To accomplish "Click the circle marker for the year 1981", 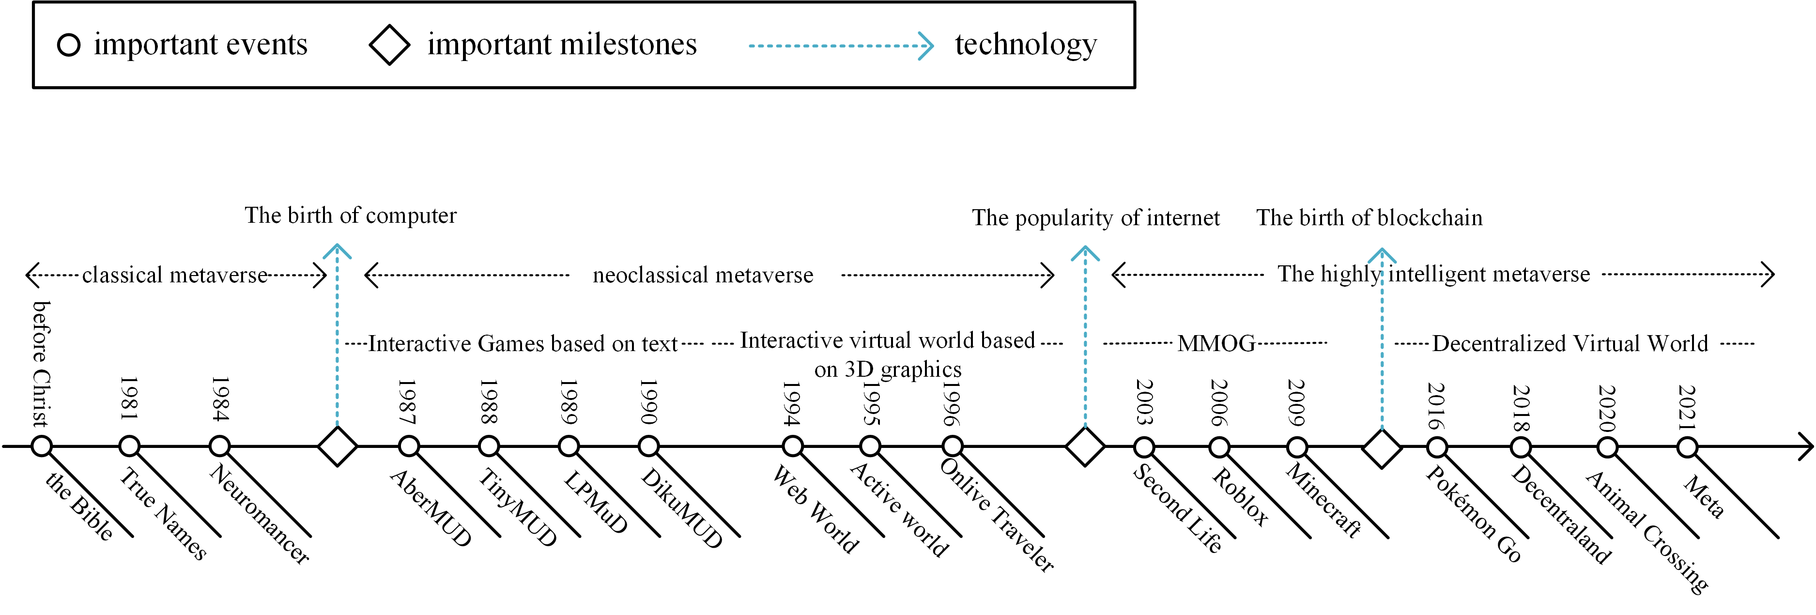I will point(130,446).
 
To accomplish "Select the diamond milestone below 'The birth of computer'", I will point(338,446).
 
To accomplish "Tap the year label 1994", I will point(792,403).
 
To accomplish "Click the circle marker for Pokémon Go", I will point(1437,447).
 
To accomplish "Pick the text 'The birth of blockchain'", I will point(1369,217).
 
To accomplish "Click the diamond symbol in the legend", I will point(389,45).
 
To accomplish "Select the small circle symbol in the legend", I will point(68,45).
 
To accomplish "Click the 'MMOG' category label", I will point(1216,343).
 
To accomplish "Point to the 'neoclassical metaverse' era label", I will point(703,275).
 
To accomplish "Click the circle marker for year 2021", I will point(1687,447).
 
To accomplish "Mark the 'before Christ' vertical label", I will point(42,363).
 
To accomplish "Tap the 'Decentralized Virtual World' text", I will point(1570,343).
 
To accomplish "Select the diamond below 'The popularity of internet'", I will point(1085,446).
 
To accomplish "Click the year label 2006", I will point(1219,403).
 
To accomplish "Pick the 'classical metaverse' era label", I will point(175,275).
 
